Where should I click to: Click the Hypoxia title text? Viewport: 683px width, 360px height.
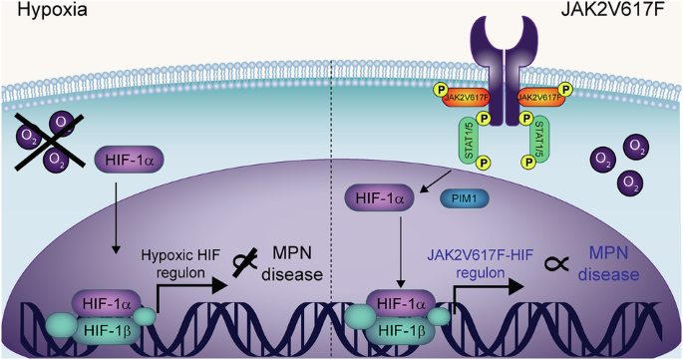52,10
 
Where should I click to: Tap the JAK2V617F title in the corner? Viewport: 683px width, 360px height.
613,9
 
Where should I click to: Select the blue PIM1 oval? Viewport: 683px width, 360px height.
465,198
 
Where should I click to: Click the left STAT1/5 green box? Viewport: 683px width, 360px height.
470,141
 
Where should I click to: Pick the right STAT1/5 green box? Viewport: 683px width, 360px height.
539,141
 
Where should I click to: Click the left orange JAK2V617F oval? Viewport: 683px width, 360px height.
467,98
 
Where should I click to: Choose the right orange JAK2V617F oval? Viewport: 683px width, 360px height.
540,98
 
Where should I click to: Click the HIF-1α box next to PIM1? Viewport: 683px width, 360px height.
380,198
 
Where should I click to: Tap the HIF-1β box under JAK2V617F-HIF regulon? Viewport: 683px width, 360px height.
401,331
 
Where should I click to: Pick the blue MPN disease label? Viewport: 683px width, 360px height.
608,263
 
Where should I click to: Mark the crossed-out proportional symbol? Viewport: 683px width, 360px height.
244,262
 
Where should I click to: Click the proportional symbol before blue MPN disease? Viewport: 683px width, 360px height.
556,262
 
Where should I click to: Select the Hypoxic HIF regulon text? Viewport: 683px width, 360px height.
180,263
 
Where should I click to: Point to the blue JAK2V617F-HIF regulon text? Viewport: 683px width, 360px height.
480,263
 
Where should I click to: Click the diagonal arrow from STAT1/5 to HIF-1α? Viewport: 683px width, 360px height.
437,180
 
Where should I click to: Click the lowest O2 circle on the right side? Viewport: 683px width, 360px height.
631,182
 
